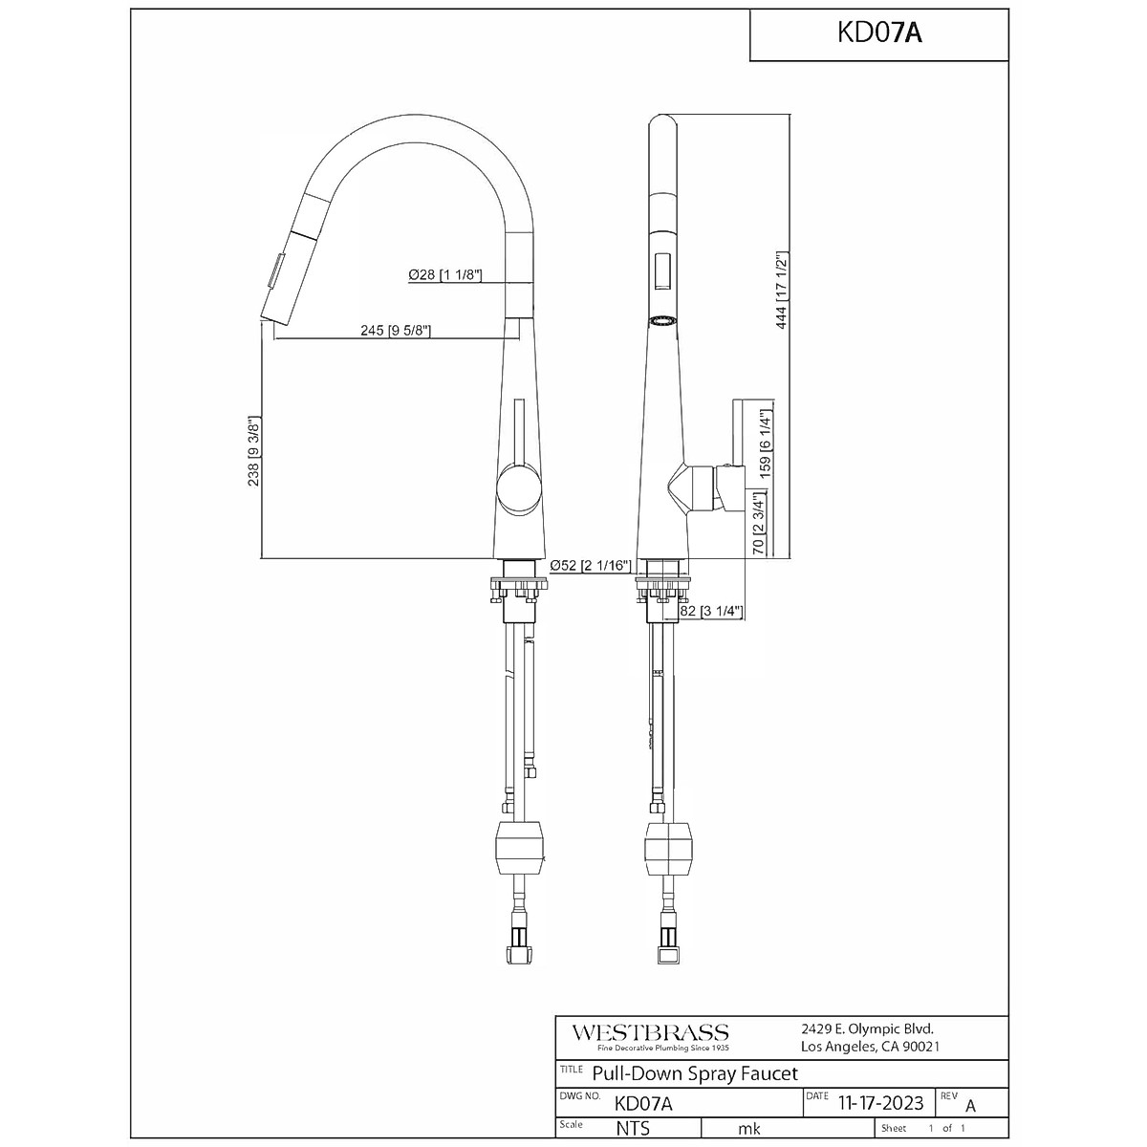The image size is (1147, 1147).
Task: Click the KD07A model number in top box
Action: pyautogui.click(x=878, y=33)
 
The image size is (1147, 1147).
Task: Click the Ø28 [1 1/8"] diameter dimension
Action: pyautogui.click(x=445, y=275)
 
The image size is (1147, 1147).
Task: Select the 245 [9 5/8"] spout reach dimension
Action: pyautogui.click(x=396, y=332)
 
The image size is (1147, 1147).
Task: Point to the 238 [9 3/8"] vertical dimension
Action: pyautogui.click(x=253, y=451)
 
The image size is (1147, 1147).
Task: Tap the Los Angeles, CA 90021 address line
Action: pyautogui.click(x=870, y=1047)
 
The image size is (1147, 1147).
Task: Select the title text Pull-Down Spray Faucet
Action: pyautogui.click(x=695, y=1073)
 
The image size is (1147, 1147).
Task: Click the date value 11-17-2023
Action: pyautogui.click(x=878, y=1103)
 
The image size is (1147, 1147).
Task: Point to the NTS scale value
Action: pyautogui.click(x=633, y=1129)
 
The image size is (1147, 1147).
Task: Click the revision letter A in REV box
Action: pyautogui.click(x=971, y=1106)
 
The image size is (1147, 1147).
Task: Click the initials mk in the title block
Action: pyautogui.click(x=750, y=1129)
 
